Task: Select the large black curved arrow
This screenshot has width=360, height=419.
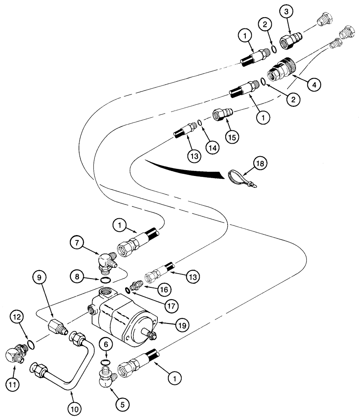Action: (188, 170)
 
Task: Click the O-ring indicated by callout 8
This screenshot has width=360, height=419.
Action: (106, 279)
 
